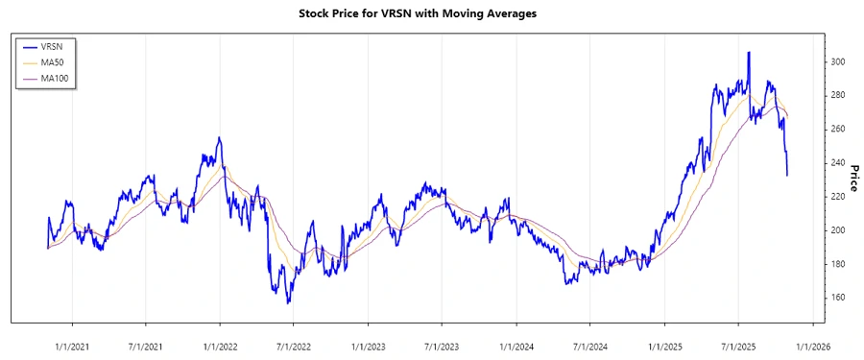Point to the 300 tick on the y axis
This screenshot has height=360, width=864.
click(x=838, y=62)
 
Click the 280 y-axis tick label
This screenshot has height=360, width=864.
click(x=838, y=96)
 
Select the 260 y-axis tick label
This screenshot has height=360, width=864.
click(x=838, y=130)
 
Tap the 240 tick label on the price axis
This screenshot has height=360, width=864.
click(x=838, y=163)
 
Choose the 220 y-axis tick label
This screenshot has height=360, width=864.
click(x=838, y=197)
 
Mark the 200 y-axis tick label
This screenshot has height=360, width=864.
click(x=838, y=230)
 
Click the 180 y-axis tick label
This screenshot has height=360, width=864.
click(x=838, y=264)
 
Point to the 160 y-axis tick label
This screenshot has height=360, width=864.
click(x=838, y=298)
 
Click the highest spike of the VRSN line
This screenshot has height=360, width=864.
click(x=749, y=52)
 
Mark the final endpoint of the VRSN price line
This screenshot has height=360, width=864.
click(x=788, y=175)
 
